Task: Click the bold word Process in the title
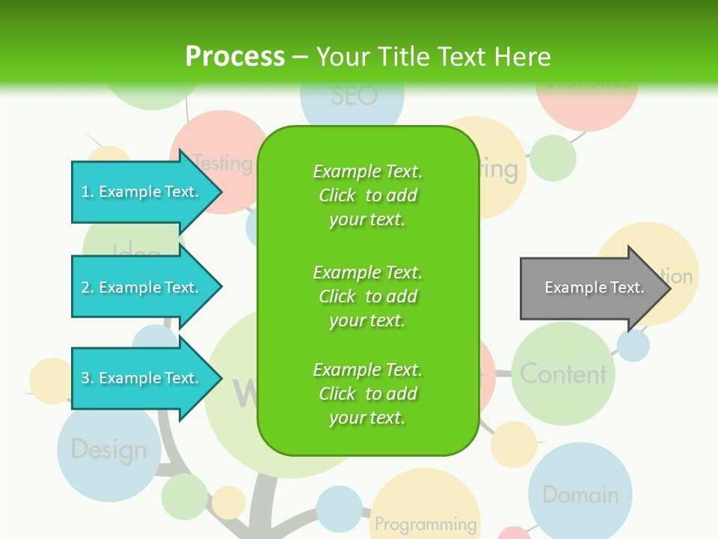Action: pyautogui.click(x=235, y=57)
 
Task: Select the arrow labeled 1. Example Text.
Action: pyautogui.click(x=142, y=192)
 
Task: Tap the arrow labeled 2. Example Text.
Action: pyautogui.click(x=142, y=287)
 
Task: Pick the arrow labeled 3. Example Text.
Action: pyautogui.click(x=142, y=378)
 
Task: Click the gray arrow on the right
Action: pyautogui.click(x=591, y=288)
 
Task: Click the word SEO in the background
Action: pyautogui.click(x=354, y=96)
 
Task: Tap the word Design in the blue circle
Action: pyautogui.click(x=108, y=450)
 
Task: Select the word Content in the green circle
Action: pyautogui.click(x=563, y=374)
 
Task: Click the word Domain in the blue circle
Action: pyautogui.click(x=580, y=495)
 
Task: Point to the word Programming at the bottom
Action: pyautogui.click(x=425, y=523)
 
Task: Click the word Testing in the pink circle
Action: pyautogui.click(x=223, y=162)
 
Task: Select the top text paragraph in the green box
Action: pyautogui.click(x=367, y=195)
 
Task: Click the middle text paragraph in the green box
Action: pyautogui.click(x=367, y=296)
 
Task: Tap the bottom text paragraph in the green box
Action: pyautogui.click(x=367, y=394)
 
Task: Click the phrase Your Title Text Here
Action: pyautogui.click(x=433, y=57)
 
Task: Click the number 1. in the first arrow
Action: pyautogui.click(x=88, y=192)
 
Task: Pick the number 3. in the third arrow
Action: pyautogui.click(x=88, y=379)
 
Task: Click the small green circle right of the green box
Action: pyautogui.click(x=553, y=158)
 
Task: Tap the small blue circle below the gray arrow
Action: pyautogui.click(x=633, y=346)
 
